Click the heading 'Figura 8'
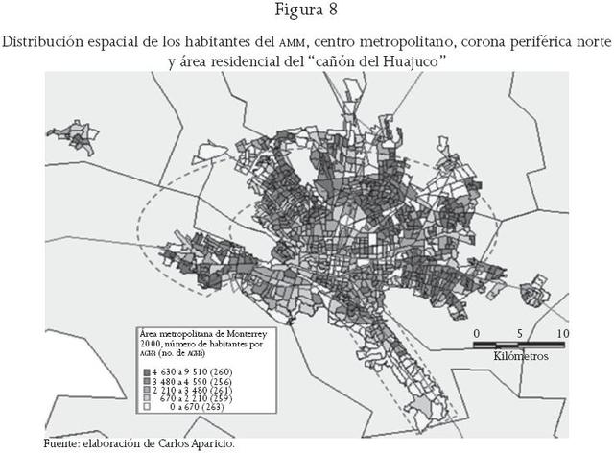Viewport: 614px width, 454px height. click(307, 12)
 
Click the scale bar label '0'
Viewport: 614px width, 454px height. click(477, 333)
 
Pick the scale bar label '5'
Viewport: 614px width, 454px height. click(520, 333)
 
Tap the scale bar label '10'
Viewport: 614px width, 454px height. click(562, 333)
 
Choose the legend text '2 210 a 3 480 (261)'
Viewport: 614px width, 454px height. click(189, 392)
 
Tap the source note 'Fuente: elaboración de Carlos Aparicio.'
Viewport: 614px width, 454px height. click(138, 444)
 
